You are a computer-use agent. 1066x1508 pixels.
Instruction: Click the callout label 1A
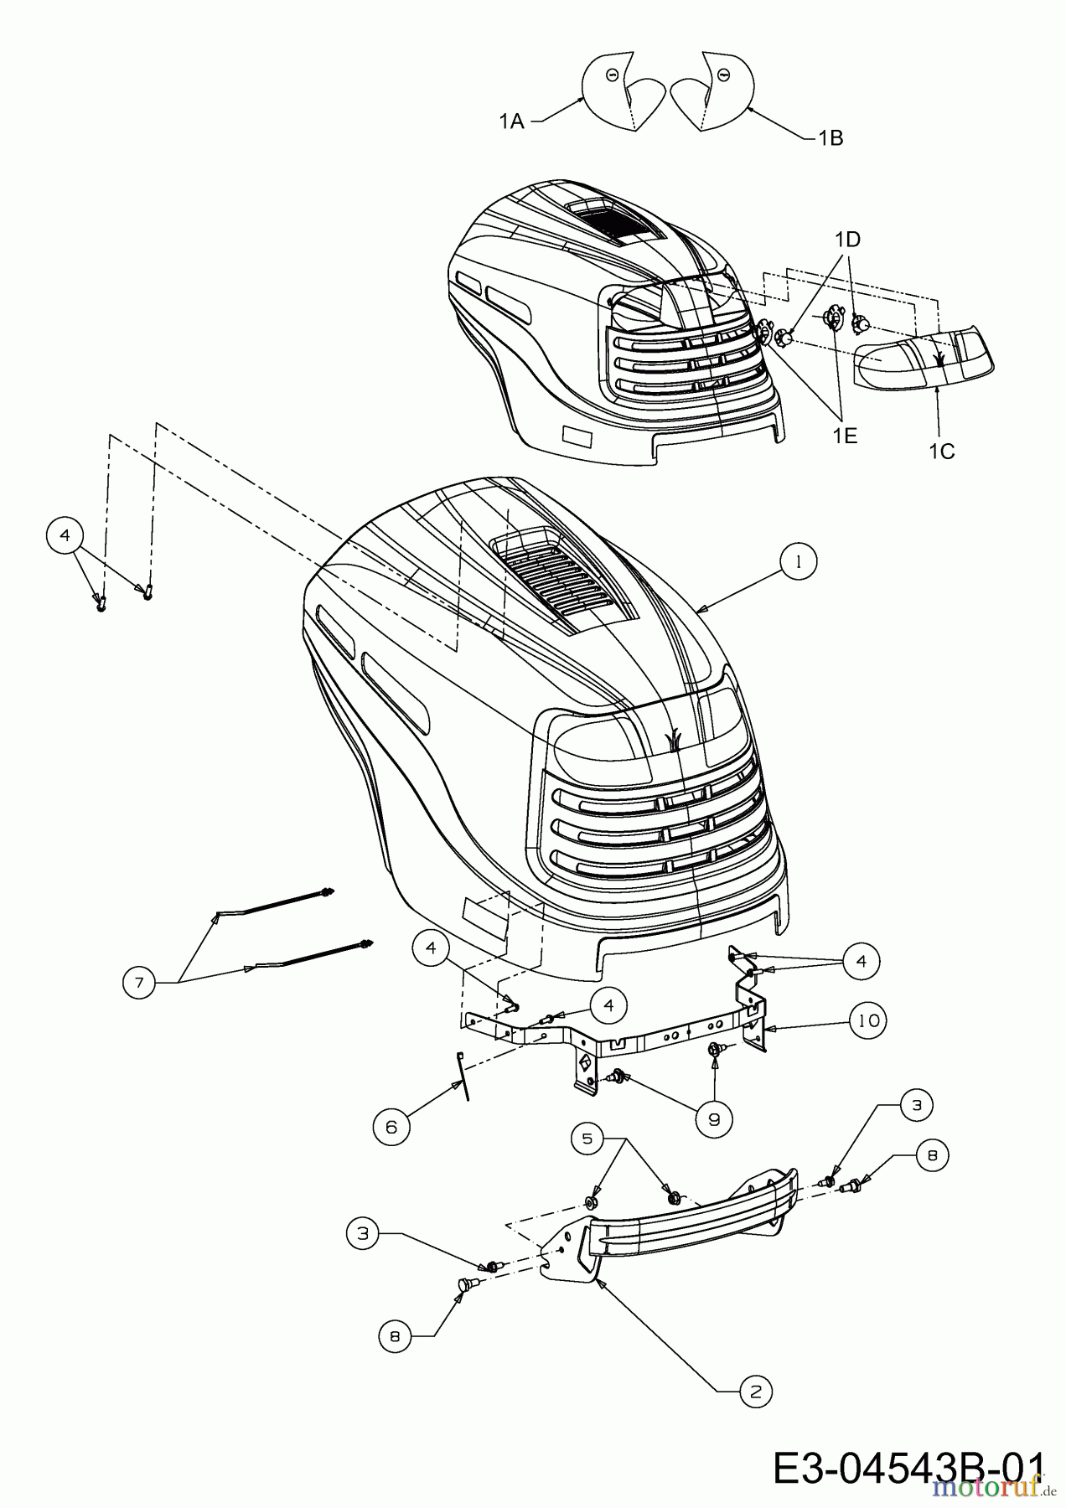coord(511,122)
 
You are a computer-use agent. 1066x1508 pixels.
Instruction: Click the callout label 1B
coord(831,137)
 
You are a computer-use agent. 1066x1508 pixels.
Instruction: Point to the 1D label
coord(847,240)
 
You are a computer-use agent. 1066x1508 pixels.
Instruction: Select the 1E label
coord(844,436)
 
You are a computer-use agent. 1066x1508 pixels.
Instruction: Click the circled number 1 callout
coord(799,563)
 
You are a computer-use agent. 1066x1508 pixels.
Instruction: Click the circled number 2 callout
coord(756,1392)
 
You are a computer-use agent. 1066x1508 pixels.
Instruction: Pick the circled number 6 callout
coord(391,1127)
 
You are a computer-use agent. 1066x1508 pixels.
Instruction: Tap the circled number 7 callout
coord(140,981)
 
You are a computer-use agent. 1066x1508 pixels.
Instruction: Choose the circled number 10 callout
coord(869,1021)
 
